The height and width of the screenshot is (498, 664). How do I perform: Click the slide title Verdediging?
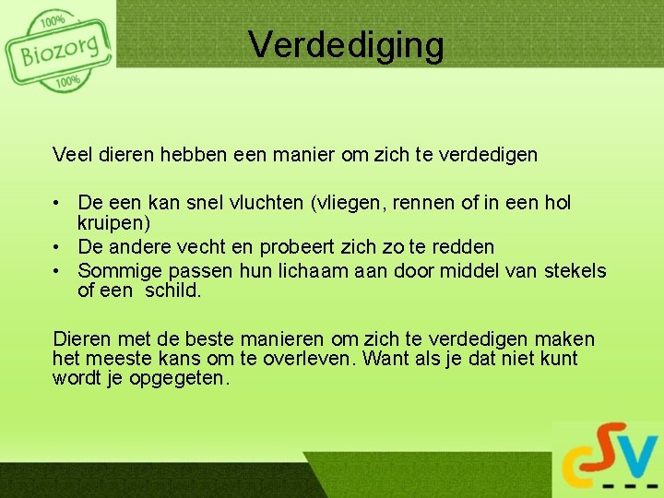coord(346,43)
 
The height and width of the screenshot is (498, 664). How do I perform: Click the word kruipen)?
coord(113,224)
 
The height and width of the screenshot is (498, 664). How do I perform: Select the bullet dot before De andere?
coord(58,248)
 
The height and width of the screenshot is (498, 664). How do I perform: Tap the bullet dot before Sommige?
coord(58,271)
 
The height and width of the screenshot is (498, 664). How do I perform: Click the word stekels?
coord(575,270)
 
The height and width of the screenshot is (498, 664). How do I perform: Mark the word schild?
coord(173,291)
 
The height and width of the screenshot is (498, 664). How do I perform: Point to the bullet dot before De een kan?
coord(58,203)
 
